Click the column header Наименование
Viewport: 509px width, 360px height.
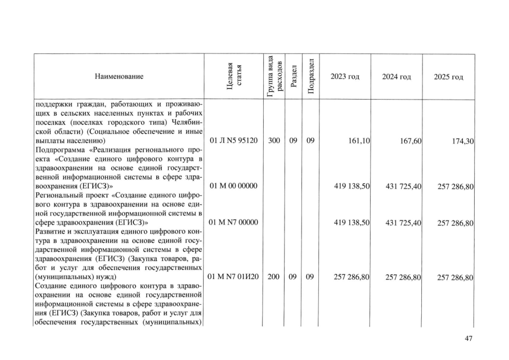pos(119,76)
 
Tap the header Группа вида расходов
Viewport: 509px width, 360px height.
pos(273,76)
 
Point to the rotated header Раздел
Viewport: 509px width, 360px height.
pos(293,76)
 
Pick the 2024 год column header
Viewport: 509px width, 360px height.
pos(397,76)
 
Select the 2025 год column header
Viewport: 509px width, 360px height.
pos(448,76)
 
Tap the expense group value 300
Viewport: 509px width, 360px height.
pos(274,140)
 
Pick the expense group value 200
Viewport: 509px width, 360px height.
pos(274,277)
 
